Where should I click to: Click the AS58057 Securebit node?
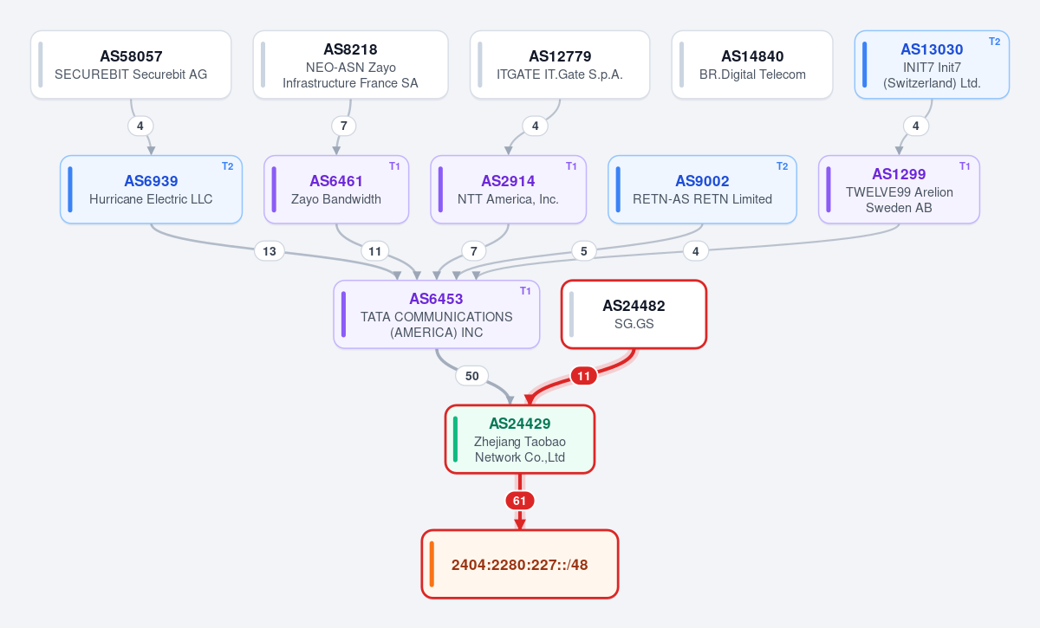(x=131, y=64)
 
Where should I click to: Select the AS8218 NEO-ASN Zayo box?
(x=350, y=64)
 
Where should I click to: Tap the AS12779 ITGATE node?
(x=560, y=64)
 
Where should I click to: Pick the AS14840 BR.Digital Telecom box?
(x=752, y=64)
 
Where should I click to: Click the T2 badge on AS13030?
(x=995, y=42)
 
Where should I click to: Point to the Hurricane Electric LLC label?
(x=151, y=199)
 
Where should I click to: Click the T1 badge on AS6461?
(x=394, y=166)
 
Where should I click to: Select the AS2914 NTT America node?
(x=509, y=190)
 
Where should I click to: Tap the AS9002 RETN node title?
(x=702, y=181)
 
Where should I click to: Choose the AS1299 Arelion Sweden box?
(x=899, y=190)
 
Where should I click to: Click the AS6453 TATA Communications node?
(x=437, y=314)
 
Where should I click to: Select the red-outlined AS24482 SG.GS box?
(x=634, y=314)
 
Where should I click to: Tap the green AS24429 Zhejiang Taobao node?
(x=520, y=439)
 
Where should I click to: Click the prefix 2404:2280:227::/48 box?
(x=520, y=564)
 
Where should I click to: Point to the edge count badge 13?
(x=270, y=251)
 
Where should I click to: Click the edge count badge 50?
(x=471, y=376)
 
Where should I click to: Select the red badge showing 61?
(x=519, y=501)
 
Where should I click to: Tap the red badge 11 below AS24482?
(x=583, y=376)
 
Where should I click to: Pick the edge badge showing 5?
(x=583, y=251)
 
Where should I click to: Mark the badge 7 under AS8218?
(x=343, y=126)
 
